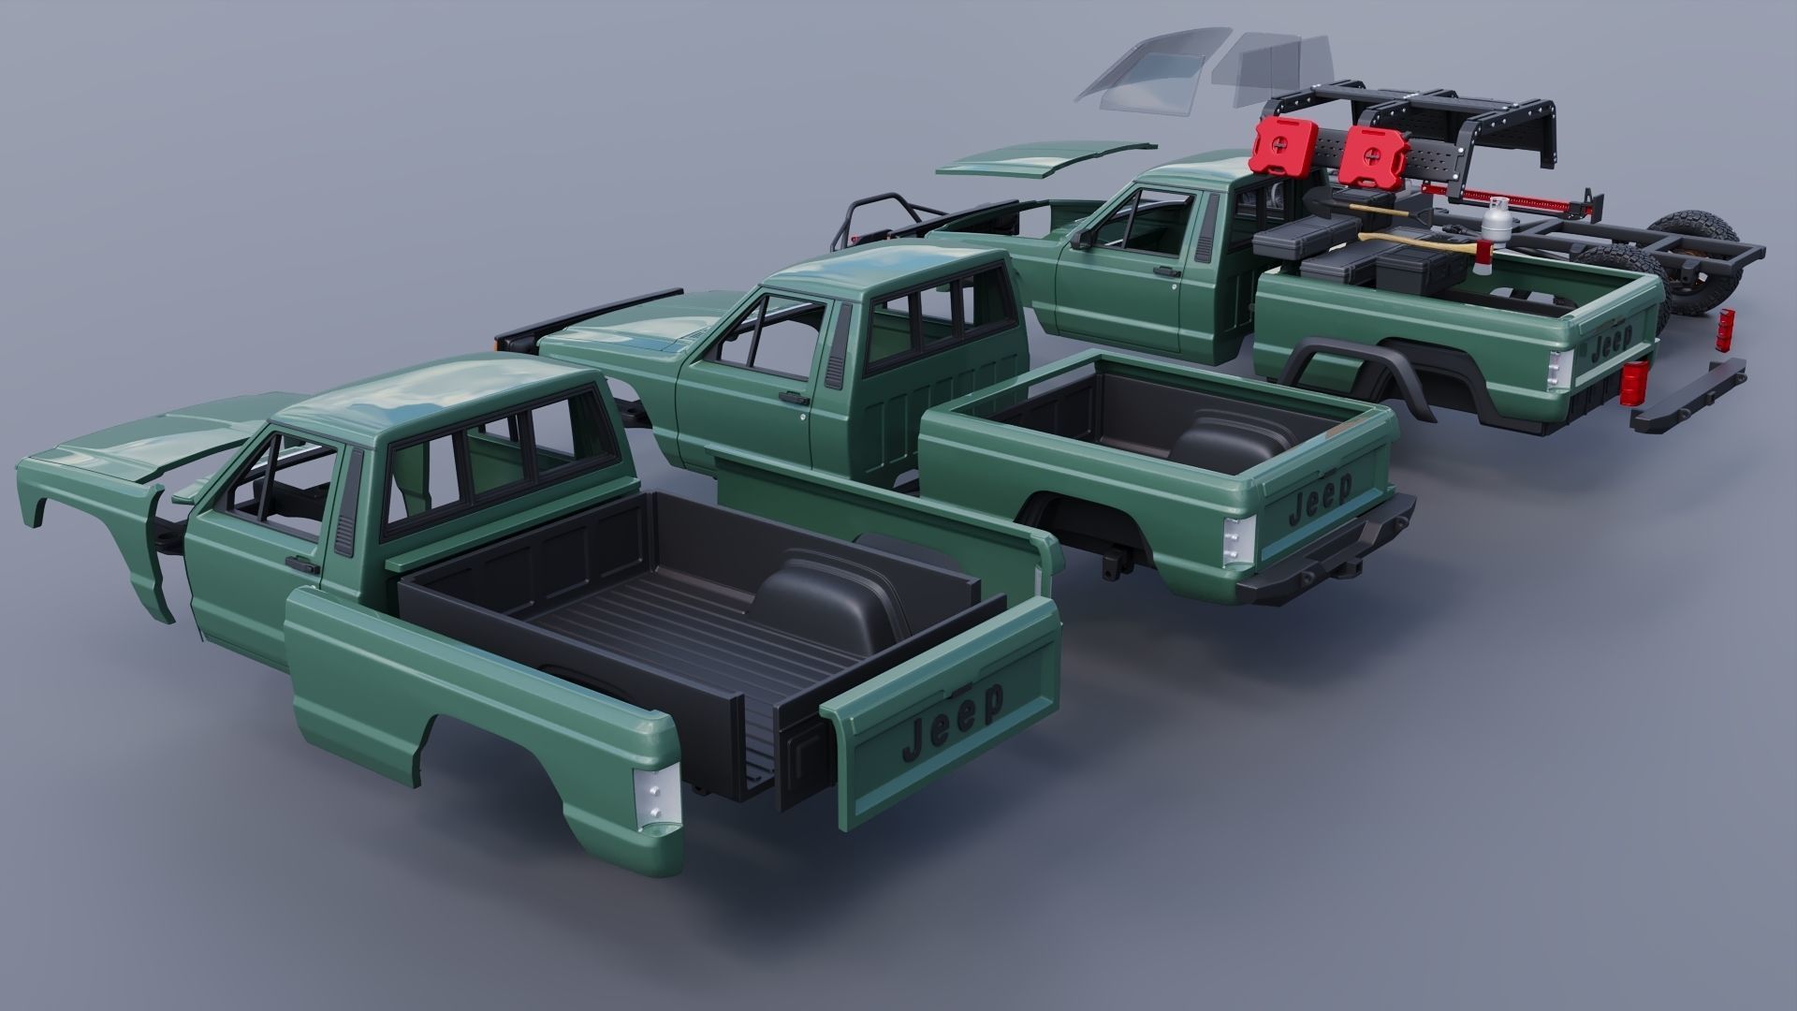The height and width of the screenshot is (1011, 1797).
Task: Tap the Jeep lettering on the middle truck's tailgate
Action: click(x=1320, y=498)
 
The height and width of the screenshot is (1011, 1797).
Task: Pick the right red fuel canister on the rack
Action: click(x=1367, y=156)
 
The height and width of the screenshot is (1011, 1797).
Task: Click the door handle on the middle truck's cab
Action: click(x=794, y=398)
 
